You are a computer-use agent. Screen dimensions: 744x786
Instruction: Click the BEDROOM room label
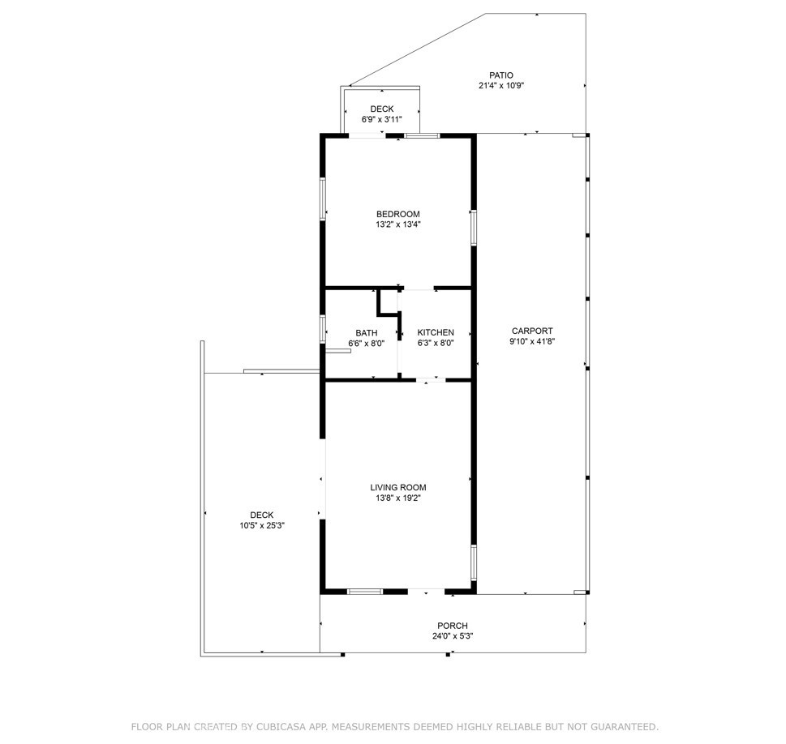pyautogui.click(x=397, y=214)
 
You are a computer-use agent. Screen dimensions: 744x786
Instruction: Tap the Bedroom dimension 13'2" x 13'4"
pyautogui.click(x=397, y=224)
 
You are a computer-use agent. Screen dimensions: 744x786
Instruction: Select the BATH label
pyautogui.click(x=366, y=332)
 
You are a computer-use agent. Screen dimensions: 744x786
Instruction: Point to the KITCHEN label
pyautogui.click(x=436, y=332)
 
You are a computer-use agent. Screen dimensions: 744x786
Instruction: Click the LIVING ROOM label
pyautogui.click(x=398, y=487)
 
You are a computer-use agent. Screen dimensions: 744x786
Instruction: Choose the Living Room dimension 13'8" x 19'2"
pyautogui.click(x=398, y=498)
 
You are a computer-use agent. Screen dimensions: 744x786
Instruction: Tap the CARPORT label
pyautogui.click(x=532, y=331)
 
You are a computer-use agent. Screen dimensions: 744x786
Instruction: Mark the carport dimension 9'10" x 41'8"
pyautogui.click(x=532, y=341)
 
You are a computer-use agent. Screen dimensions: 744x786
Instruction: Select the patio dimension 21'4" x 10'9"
pyautogui.click(x=501, y=86)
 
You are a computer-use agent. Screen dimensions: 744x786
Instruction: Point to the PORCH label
pyautogui.click(x=453, y=625)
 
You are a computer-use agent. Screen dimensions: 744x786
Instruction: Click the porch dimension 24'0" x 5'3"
pyautogui.click(x=453, y=636)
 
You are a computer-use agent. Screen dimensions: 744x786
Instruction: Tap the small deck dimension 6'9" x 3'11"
pyautogui.click(x=382, y=120)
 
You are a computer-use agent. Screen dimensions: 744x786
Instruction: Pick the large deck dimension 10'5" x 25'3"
pyautogui.click(x=262, y=525)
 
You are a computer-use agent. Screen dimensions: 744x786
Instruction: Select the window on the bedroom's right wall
pyautogui.click(x=473, y=227)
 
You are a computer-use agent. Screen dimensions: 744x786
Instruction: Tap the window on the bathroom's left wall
pyautogui.click(x=323, y=331)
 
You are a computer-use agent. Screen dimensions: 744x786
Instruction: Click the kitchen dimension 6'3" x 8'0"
pyautogui.click(x=436, y=343)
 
